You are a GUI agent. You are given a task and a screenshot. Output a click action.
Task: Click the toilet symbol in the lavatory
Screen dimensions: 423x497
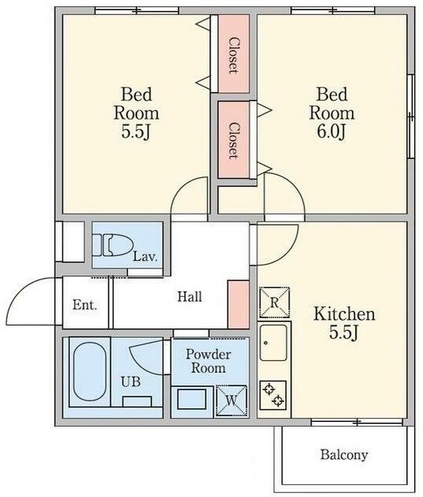click(x=112, y=245)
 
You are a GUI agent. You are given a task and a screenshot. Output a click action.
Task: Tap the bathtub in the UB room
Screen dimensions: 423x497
click(x=90, y=372)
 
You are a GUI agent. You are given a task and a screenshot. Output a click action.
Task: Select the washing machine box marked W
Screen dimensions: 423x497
click(x=232, y=401)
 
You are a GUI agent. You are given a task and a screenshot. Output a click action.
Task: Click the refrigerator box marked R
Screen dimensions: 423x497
click(x=274, y=302)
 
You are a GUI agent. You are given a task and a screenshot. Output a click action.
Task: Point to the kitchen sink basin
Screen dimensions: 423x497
click(x=274, y=343)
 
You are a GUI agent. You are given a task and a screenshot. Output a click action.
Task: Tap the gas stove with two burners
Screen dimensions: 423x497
click(x=274, y=395)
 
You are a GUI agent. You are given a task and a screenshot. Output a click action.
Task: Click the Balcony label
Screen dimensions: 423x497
click(x=344, y=455)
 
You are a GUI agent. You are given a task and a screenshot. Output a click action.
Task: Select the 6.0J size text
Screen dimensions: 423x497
click(x=331, y=131)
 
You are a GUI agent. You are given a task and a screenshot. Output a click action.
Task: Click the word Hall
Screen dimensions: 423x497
click(x=189, y=297)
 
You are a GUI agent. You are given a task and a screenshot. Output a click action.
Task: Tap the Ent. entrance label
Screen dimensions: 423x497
click(x=85, y=305)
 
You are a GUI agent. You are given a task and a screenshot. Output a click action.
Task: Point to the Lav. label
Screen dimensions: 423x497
click(x=145, y=256)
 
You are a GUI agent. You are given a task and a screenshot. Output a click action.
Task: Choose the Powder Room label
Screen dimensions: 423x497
click(x=208, y=361)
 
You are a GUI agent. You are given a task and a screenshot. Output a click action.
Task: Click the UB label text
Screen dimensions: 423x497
click(x=130, y=381)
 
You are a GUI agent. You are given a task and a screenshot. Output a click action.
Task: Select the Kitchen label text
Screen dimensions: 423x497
click(x=345, y=314)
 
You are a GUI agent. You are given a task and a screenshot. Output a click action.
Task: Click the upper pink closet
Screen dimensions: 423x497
click(x=234, y=54)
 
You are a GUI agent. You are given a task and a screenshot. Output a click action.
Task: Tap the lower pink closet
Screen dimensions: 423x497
click(x=234, y=140)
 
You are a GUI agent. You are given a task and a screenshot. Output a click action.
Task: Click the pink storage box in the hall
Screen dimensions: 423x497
click(x=239, y=304)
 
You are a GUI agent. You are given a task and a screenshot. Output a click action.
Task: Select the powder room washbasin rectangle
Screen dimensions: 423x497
click(x=191, y=399)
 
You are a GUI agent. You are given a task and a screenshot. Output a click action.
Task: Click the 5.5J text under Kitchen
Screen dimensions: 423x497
click(x=344, y=332)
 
